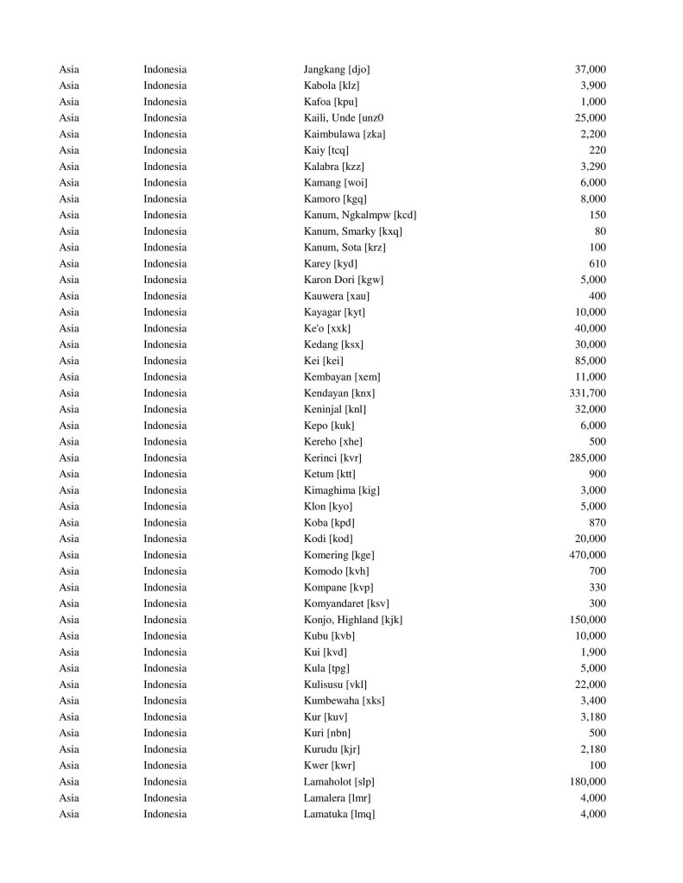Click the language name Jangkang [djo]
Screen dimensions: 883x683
coord(337,69)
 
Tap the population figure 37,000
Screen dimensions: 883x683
coord(590,69)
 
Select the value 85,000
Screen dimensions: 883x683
coord(590,361)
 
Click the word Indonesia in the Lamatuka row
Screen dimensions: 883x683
coord(165,814)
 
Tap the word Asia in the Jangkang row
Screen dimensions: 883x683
coord(69,69)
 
